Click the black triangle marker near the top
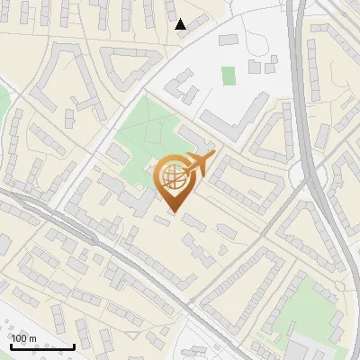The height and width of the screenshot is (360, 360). pos(181,24)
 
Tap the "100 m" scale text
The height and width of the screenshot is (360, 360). pos(24,338)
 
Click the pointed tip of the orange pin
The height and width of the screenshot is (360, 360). pos(173,212)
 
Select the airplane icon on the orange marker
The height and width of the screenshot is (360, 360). pos(200,165)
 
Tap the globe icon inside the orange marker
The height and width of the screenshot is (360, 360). pos(173,177)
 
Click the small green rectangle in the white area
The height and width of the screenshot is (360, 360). pos(229,76)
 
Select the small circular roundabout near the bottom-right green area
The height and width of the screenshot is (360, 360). pos(341,287)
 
